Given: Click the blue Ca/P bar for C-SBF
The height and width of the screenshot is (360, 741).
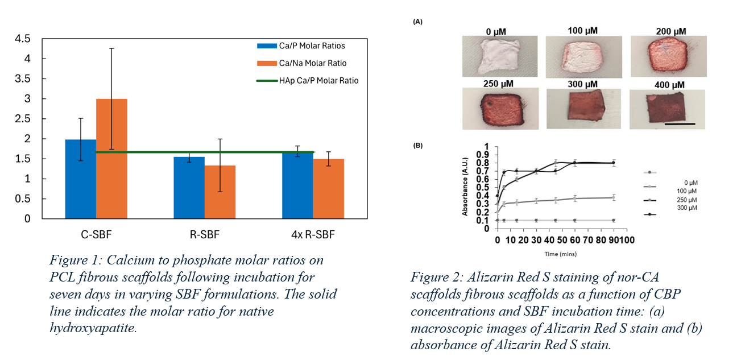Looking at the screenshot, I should (x=81, y=179).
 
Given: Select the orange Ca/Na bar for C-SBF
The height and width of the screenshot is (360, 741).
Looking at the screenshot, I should (x=111, y=159).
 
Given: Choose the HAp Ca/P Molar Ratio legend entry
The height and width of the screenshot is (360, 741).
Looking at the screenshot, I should (x=318, y=81).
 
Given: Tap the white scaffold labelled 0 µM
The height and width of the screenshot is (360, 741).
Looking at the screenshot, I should (x=499, y=56).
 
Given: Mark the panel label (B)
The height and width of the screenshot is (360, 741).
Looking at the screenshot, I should (x=418, y=146).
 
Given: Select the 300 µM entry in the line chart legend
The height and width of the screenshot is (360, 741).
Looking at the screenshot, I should (x=688, y=208).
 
